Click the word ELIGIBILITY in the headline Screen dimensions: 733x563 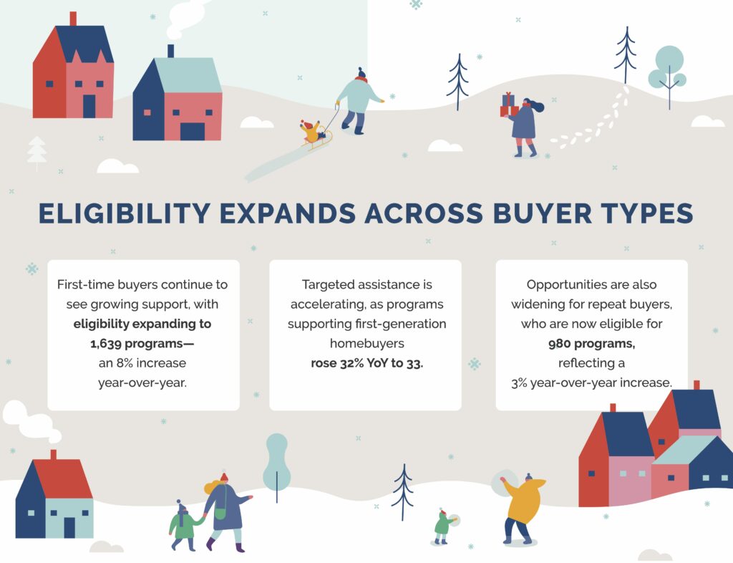125,213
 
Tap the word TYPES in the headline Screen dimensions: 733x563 647,213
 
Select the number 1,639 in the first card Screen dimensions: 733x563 106,344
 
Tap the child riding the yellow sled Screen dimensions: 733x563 311,131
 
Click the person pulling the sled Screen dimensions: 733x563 359,100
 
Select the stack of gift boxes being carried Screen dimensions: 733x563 509,105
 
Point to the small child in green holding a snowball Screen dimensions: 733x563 443,526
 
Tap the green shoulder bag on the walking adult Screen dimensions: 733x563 220,513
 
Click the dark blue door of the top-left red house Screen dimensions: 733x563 89,106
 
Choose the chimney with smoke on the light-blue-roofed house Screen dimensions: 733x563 170,51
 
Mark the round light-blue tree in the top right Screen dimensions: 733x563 669,69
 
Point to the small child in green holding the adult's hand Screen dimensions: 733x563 183,525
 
